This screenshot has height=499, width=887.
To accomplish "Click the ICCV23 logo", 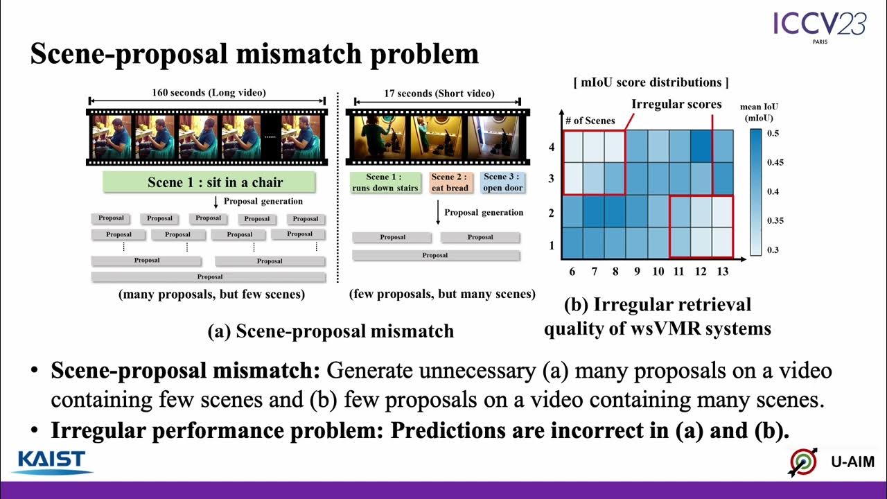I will coord(820,26).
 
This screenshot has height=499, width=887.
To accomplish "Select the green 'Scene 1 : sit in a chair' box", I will coord(209,182).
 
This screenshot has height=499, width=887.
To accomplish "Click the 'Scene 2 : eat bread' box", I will coord(450,182).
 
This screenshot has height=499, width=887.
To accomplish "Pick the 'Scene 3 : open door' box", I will coord(501,182).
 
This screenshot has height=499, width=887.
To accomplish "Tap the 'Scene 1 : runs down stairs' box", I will coord(385,182).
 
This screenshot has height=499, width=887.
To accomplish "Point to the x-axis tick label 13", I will coord(723,271).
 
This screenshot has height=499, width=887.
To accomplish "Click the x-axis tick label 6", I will coord(572,271).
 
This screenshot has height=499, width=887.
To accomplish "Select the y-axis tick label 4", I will coord(552,148).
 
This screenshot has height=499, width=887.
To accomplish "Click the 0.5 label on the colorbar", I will coord(774,133).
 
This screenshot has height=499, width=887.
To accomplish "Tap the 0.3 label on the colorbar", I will coord(774,249).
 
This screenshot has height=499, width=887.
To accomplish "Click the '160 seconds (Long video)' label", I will coord(209,92).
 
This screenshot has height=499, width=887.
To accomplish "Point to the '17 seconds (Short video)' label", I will coord(439,94).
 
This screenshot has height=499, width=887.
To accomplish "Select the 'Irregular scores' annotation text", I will coord(676,105).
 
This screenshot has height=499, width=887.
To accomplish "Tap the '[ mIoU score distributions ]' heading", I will coord(651,82).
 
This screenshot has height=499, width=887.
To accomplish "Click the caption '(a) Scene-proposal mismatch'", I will coord(331,331).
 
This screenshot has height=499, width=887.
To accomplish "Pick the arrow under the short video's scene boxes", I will coord(438,213).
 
